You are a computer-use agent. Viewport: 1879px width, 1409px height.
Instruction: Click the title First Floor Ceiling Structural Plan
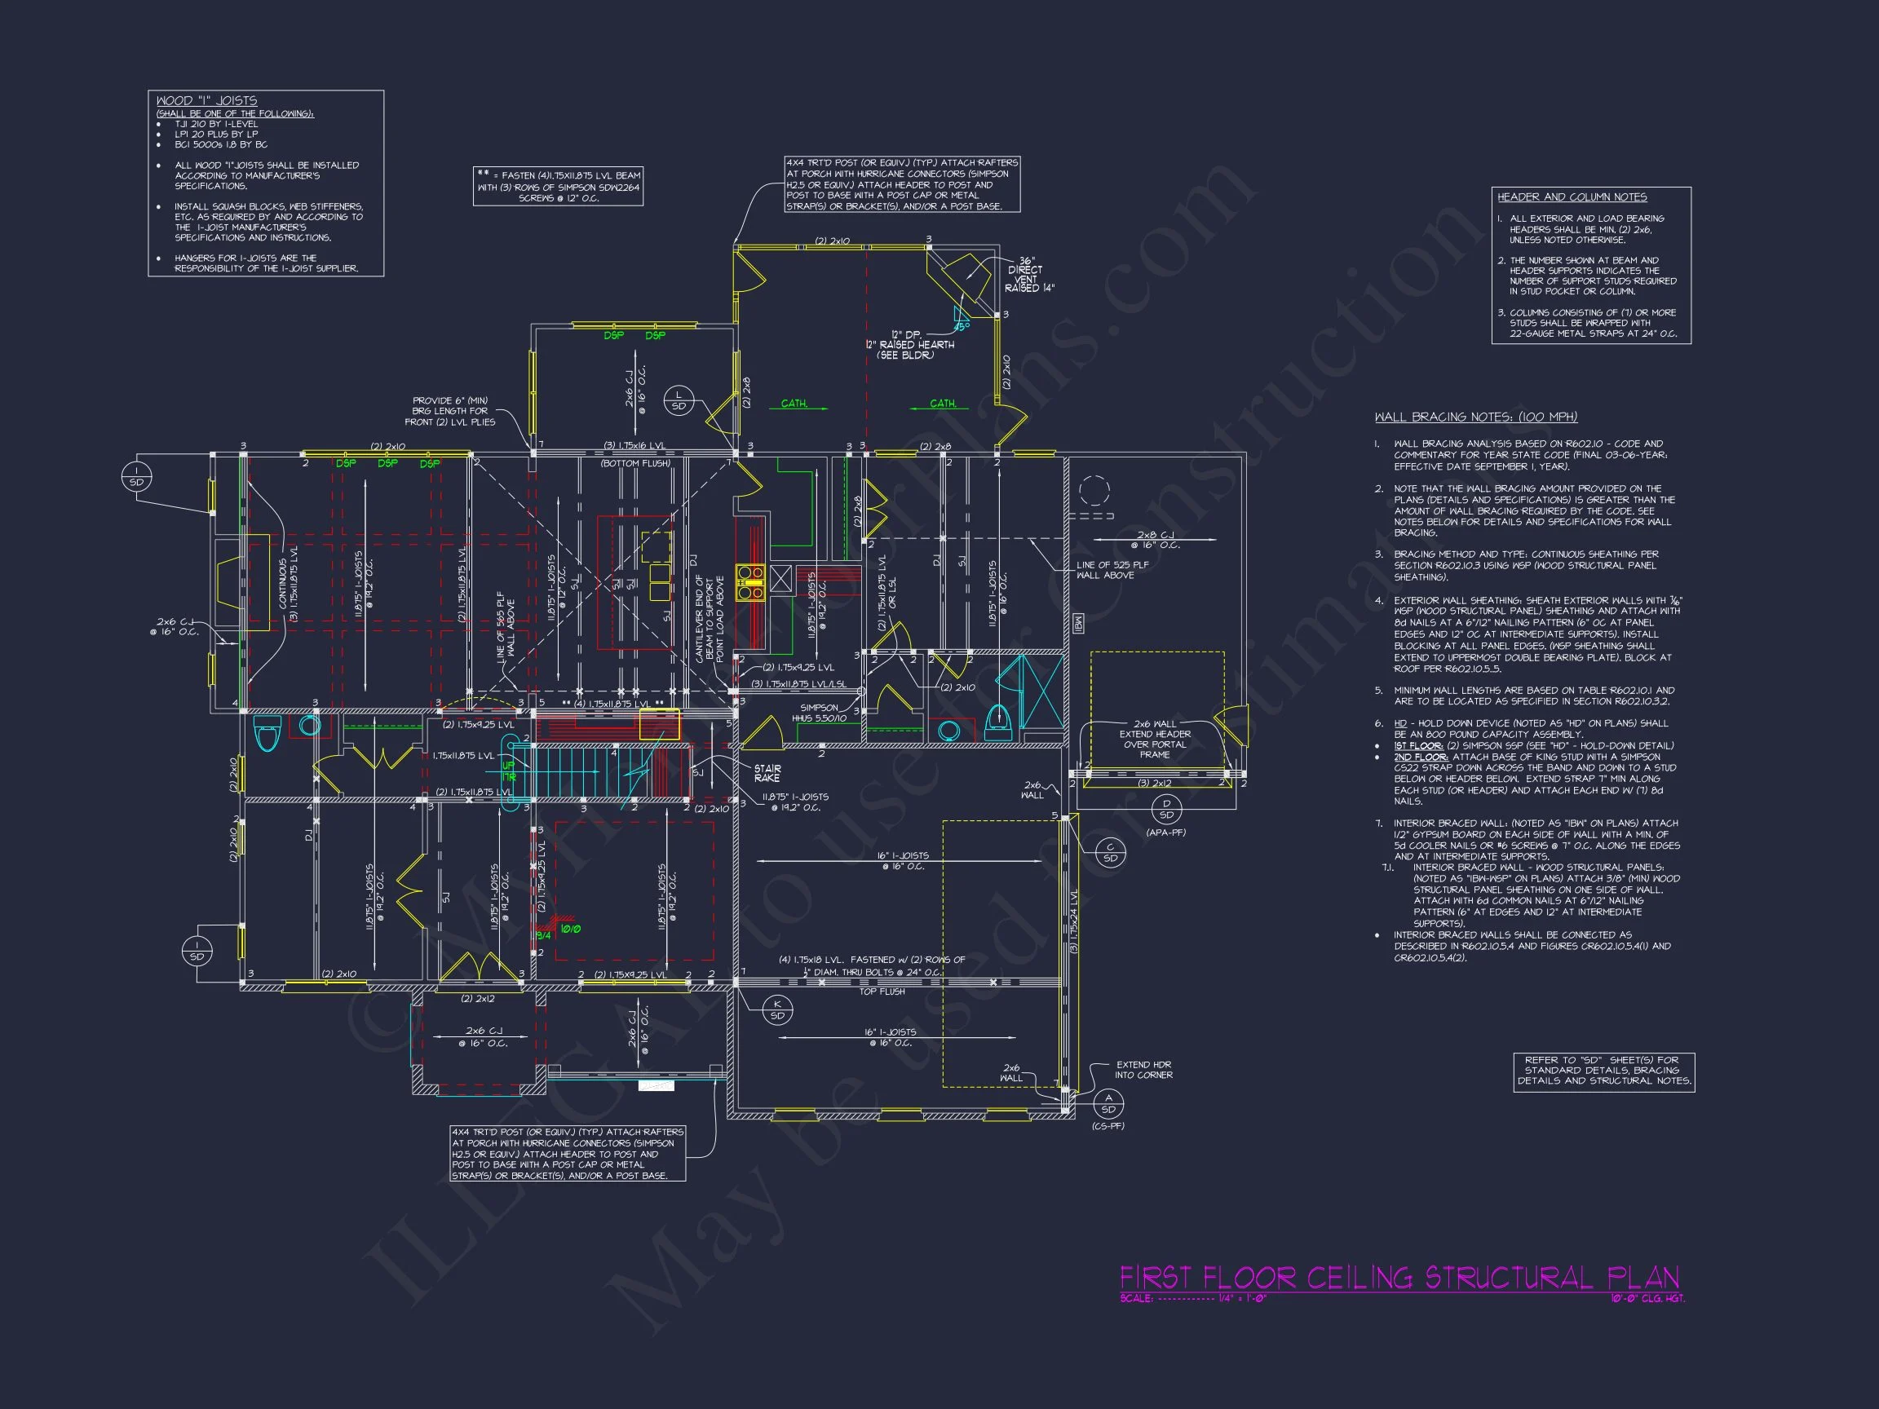[x=1399, y=1278]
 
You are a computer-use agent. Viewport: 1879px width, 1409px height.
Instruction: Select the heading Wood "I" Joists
[x=206, y=100]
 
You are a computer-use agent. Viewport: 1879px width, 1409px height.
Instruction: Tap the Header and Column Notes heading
[x=1572, y=197]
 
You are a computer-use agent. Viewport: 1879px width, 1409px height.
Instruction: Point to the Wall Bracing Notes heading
[x=1475, y=417]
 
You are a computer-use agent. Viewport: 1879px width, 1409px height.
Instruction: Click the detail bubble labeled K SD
[x=777, y=1009]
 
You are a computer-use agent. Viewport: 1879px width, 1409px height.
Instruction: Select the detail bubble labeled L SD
[x=679, y=400]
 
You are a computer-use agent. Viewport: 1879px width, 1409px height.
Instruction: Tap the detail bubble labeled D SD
[x=1166, y=809]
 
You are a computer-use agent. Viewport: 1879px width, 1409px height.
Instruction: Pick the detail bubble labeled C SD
[x=1110, y=853]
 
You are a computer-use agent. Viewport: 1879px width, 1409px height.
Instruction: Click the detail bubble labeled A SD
[x=1108, y=1103]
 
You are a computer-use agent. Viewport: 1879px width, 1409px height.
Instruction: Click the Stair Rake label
[x=767, y=773]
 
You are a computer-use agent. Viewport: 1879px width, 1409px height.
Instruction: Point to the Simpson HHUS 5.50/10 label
[x=819, y=713]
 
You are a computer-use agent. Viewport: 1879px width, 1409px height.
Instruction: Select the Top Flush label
[x=882, y=992]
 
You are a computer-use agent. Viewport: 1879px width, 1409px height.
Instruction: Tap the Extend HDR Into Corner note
[x=1143, y=1069]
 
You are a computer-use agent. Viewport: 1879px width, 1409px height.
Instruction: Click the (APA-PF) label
[x=1165, y=833]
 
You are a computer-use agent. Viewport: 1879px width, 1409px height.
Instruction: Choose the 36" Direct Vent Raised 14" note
[x=1028, y=274]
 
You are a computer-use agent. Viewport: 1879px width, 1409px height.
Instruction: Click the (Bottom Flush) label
[x=635, y=463]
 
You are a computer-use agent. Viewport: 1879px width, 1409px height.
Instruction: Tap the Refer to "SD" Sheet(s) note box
[x=1604, y=1071]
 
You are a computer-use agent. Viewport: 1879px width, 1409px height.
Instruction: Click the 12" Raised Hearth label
[x=910, y=345]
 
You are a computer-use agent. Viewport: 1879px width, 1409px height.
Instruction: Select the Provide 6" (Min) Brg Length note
[x=450, y=411]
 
